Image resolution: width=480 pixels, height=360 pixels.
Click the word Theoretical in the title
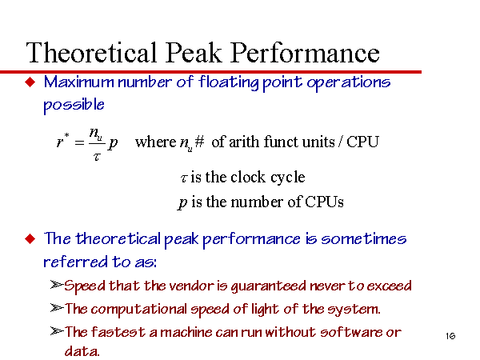pyautogui.click(x=91, y=52)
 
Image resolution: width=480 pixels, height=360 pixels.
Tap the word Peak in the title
pyautogui.click(x=194, y=52)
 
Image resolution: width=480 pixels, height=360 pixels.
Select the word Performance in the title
pyautogui.click(x=306, y=52)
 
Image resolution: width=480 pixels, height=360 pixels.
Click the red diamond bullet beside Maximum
pyautogui.click(x=30, y=82)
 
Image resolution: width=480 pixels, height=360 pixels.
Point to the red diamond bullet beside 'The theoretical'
pyautogui.click(x=30, y=238)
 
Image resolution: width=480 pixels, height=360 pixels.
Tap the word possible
pyautogui.click(x=74, y=105)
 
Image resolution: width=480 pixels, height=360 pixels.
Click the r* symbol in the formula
pyautogui.click(x=63, y=141)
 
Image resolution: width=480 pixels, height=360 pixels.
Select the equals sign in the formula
pyautogui.click(x=79, y=142)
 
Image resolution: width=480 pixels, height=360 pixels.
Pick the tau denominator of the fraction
pyautogui.click(x=97, y=157)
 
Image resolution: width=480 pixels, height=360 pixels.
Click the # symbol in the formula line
pyautogui.click(x=199, y=142)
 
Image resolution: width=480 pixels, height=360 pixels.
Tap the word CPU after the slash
pyautogui.click(x=362, y=142)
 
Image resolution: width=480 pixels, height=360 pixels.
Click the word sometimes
pyautogui.click(x=364, y=238)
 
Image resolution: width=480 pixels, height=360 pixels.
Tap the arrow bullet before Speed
pyautogui.click(x=57, y=285)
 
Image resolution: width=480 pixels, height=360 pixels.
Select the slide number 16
pyautogui.click(x=450, y=336)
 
